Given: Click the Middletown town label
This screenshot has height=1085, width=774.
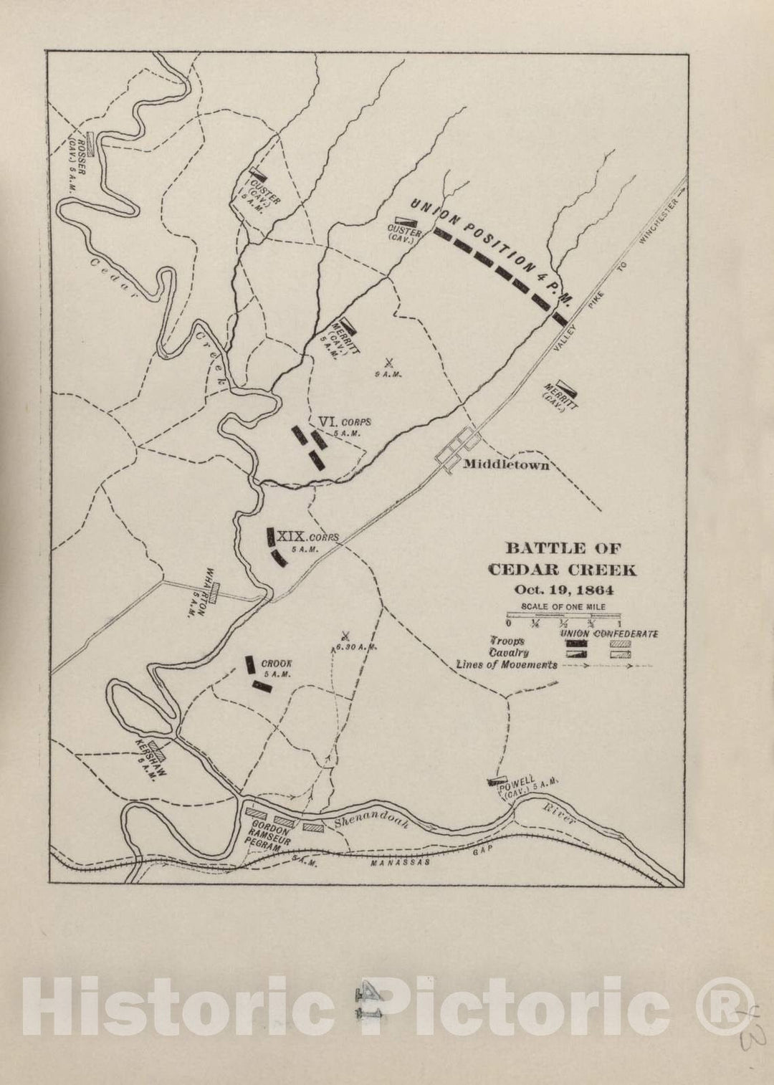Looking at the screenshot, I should click(506, 464).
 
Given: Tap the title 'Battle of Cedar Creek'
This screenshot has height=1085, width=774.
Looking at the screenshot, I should click(563, 560).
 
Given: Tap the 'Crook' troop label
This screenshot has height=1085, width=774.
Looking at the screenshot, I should click(276, 664).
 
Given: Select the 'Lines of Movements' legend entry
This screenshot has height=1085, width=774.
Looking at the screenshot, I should click(507, 664).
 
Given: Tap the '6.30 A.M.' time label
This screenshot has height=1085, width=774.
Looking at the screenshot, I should click(356, 646).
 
